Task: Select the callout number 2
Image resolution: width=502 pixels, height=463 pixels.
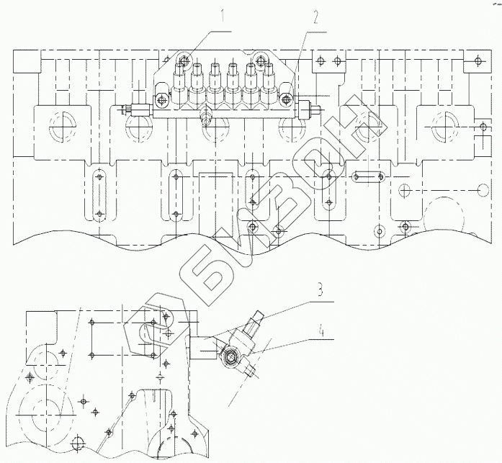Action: [x=315, y=18]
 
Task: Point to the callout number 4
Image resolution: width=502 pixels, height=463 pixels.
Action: [x=321, y=331]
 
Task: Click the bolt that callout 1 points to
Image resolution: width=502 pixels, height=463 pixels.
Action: [x=185, y=60]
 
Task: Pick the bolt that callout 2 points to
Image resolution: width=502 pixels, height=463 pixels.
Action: [x=286, y=99]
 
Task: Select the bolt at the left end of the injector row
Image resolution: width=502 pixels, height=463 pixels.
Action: [x=161, y=100]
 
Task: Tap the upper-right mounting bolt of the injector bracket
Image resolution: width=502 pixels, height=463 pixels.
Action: [x=259, y=59]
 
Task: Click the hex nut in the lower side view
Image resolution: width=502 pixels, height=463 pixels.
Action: [x=230, y=356]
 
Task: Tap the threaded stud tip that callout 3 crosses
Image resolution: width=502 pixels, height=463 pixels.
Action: [x=258, y=317]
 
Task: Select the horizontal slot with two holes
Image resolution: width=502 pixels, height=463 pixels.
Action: [x=367, y=176]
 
